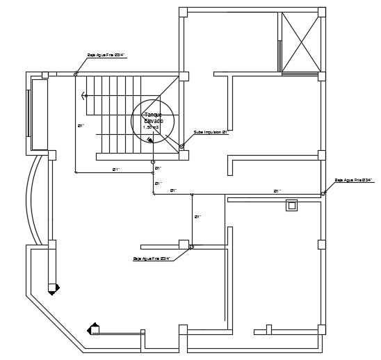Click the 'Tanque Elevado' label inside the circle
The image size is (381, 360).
tap(152, 117)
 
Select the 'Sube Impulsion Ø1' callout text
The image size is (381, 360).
tap(210, 131)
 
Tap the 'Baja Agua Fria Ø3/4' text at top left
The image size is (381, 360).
tap(105, 54)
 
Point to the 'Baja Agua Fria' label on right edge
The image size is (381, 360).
tap(354, 180)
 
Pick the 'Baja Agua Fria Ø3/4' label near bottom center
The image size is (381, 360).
tap(152, 259)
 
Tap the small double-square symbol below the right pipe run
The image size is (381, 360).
tap(291, 205)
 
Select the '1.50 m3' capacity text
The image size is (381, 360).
tap(151, 127)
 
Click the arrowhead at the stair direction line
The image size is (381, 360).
tap(83, 96)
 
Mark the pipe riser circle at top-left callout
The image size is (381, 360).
tap(76, 74)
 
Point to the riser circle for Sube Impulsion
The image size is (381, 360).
tap(181, 147)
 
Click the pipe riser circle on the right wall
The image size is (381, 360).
tap(323, 194)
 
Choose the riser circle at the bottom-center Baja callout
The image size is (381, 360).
tap(192, 247)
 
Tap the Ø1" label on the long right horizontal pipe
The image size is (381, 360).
tap(277, 190)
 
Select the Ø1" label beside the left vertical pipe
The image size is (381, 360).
tap(81, 126)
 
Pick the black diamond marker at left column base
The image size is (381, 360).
tap(56, 286)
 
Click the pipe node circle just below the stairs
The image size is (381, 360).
tap(153, 162)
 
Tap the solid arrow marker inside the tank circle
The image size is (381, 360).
tap(149, 140)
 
